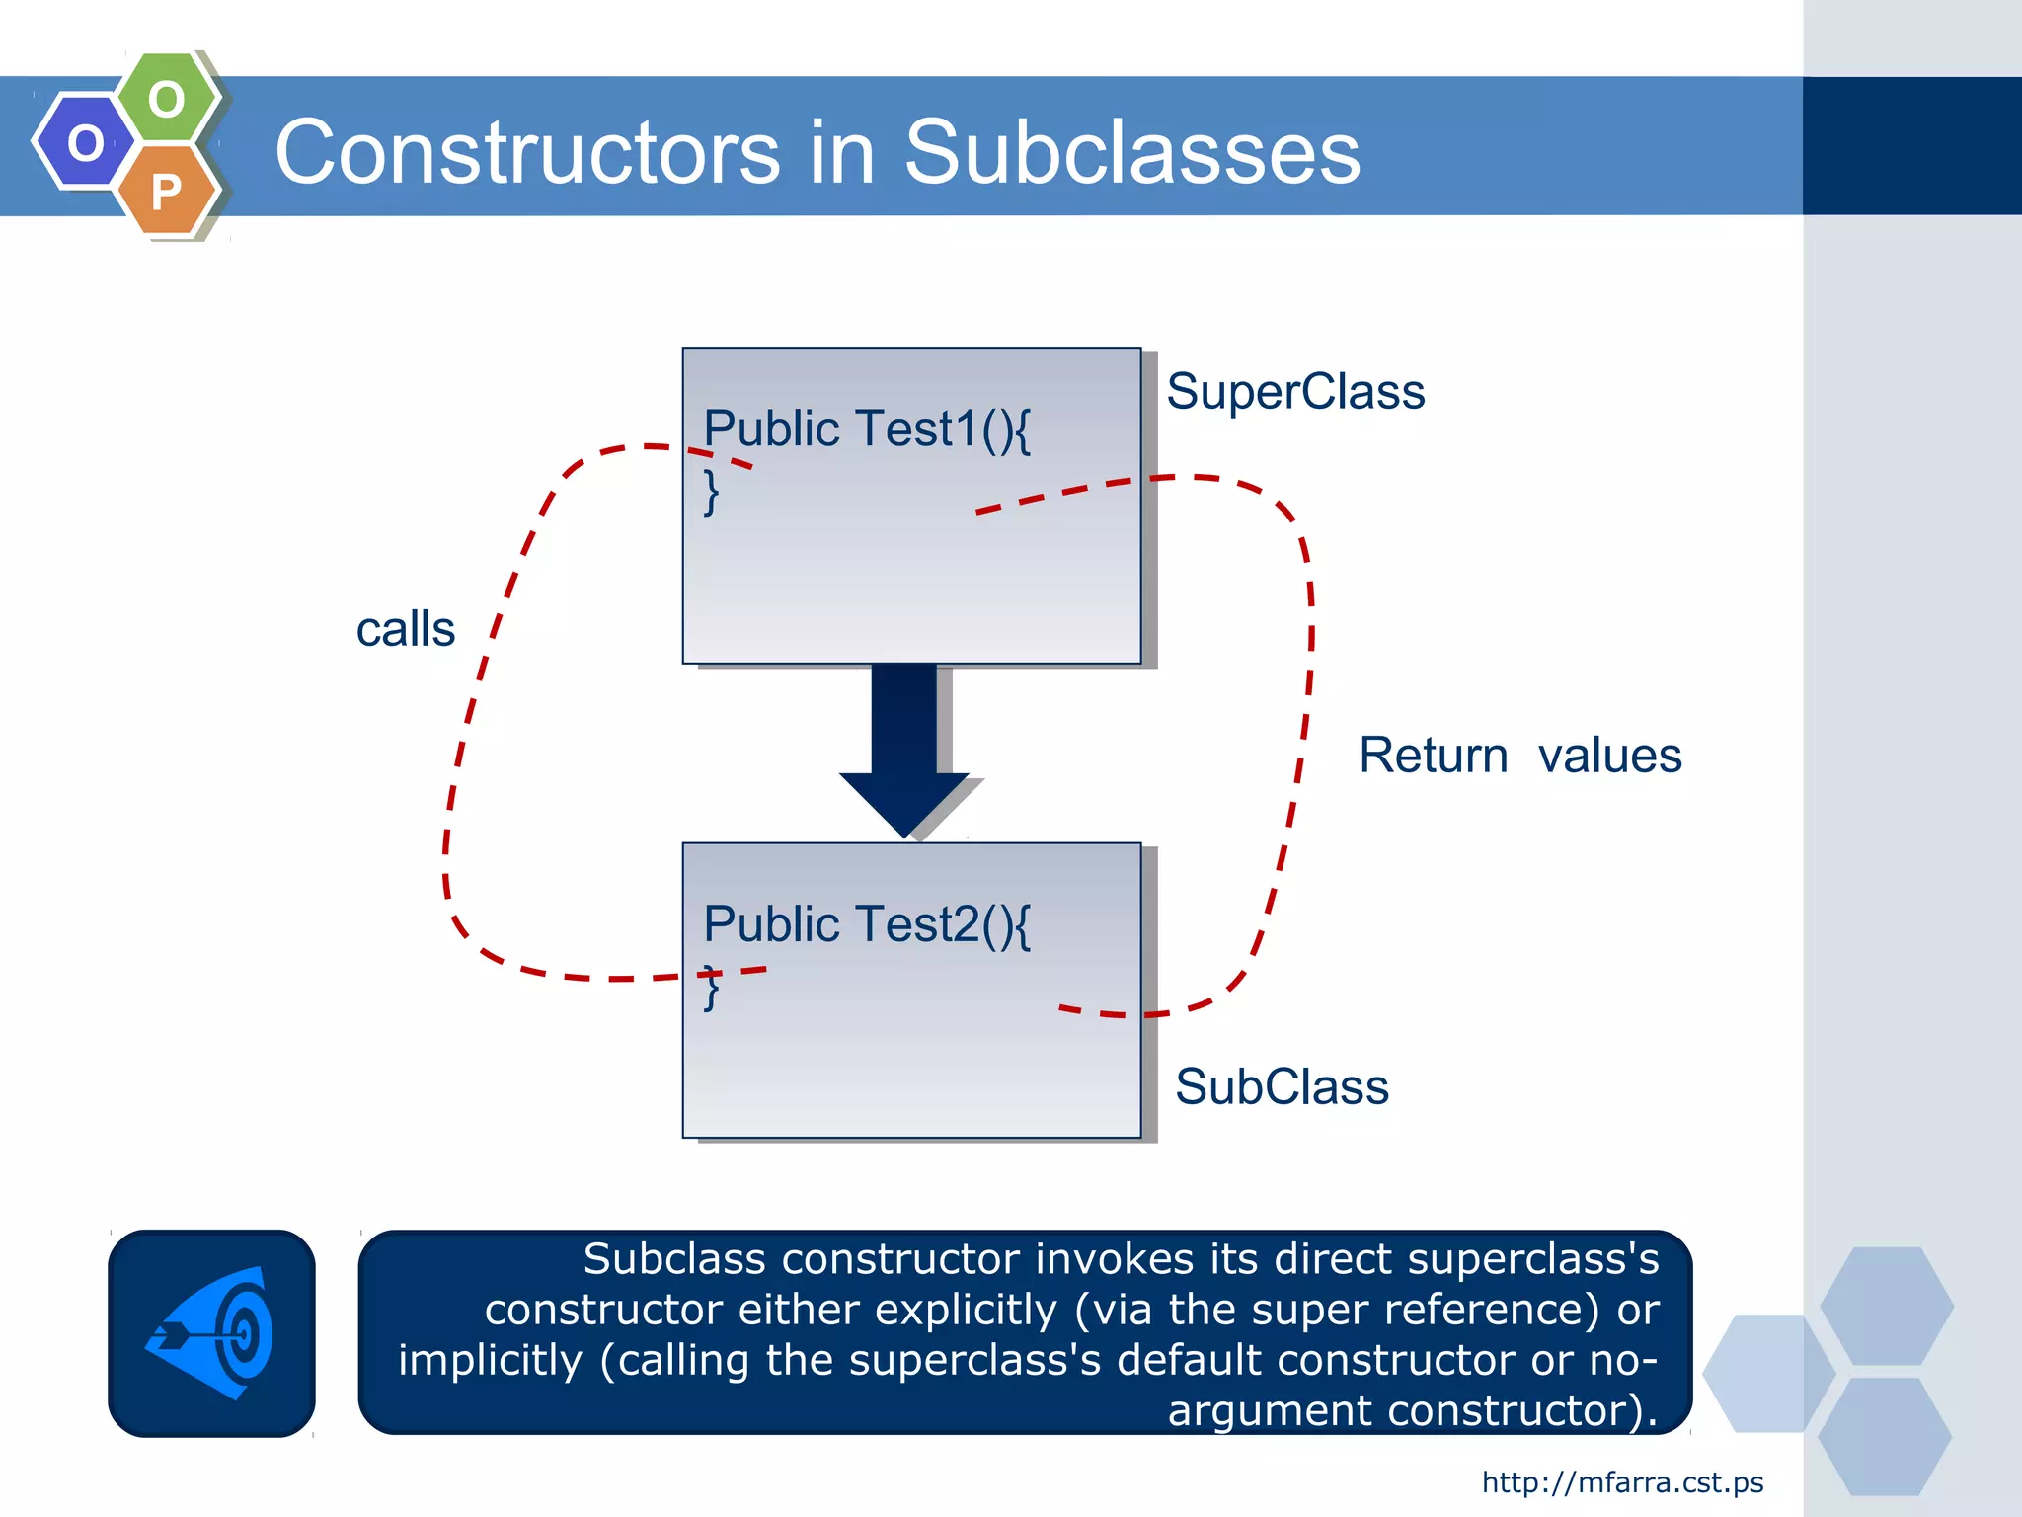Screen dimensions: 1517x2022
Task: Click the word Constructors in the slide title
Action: (x=527, y=152)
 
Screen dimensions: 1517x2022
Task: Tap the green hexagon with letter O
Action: (x=167, y=99)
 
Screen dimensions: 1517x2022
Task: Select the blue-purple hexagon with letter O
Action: (x=85, y=142)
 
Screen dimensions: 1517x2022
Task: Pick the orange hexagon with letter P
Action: (x=167, y=191)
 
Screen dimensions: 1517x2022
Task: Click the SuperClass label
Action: (x=1294, y=392)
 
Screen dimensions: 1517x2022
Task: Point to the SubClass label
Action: (x=1282, y=1087)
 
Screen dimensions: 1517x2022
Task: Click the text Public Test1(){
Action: (x=866, y=431)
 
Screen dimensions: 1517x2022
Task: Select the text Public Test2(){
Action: (x=866, y=926)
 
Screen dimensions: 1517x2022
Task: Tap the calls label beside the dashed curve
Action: (x=405, y=629)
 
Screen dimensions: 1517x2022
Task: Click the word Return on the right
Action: (x=1433, y=757)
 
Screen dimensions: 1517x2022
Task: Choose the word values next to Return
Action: (x=1609, y=757)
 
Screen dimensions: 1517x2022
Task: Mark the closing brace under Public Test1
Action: (x=711, y=491)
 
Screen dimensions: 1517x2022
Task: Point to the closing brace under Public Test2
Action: (x=711, y=990)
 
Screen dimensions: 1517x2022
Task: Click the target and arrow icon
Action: (x=211, y=1333)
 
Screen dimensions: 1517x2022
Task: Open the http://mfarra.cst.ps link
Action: (x=1622, y=1482)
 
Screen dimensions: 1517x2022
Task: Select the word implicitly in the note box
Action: (x=490, y=1361)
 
